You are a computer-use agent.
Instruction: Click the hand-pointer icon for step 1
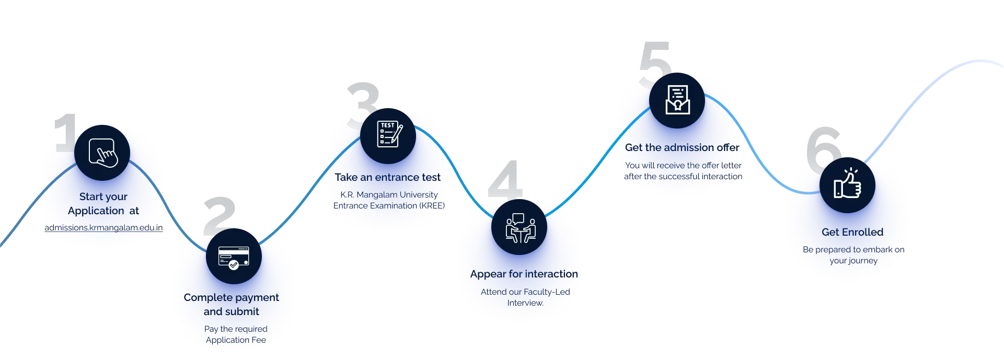[102, 153]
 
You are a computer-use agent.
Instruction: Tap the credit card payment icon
[234, 257]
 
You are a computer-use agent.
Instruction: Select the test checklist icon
[388, 135]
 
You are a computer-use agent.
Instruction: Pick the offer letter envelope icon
[677, 100]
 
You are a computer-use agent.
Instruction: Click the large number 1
[64, 133]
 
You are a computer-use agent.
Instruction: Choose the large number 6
[822, 149]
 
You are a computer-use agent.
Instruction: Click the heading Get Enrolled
[852, 232]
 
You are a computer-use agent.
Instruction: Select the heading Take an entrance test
[388, 177]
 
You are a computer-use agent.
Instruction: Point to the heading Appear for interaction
[524, 274]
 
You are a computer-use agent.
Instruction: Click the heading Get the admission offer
[682, 148]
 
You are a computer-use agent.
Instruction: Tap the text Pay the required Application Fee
[236, 334]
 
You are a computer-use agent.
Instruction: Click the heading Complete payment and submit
[232, 304]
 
